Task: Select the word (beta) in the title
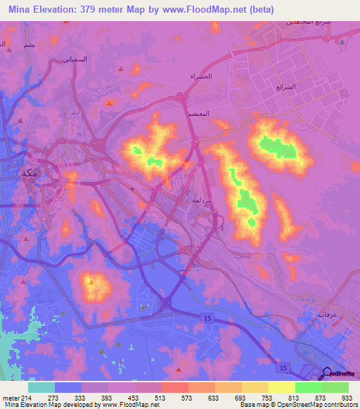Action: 257,9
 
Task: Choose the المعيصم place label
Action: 201,112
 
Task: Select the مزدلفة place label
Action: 201,200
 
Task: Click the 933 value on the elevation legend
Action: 346,397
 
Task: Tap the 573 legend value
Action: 186,397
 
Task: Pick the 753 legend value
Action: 266,397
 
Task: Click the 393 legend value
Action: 105,397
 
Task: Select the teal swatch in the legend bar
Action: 41,387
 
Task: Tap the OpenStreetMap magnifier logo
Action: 326,373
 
